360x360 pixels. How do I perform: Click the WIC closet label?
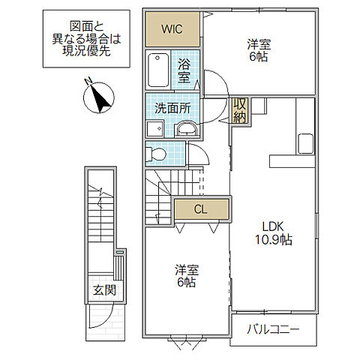point(172,29)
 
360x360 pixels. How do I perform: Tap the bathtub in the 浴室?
point(158,70)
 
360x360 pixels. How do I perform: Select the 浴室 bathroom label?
point(184,71)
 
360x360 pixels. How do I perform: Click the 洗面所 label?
point(172,109)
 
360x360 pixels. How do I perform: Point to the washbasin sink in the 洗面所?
point(186,129)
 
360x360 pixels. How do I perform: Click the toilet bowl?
point(156,154)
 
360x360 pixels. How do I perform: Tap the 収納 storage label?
point(240,110)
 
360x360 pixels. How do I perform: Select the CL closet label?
point(200,209)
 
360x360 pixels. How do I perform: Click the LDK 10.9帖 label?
point(273,233)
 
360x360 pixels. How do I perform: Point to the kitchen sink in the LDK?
point(305,143)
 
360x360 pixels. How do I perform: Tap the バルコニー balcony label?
point(273,329)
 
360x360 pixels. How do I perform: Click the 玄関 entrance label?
point(104,290)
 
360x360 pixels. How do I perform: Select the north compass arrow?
point(100,98)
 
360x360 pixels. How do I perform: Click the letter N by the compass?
point(88,81)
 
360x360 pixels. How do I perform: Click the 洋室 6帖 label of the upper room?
point(259,50)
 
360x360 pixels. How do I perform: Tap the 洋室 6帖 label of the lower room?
point(186,275)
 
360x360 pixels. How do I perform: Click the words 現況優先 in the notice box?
point(86,51)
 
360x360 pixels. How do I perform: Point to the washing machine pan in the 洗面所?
point(155,128)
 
